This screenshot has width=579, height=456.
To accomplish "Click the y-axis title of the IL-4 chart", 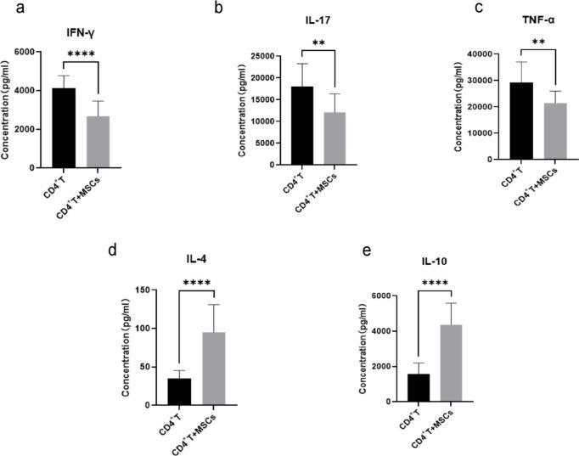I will [x=125, y=348].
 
